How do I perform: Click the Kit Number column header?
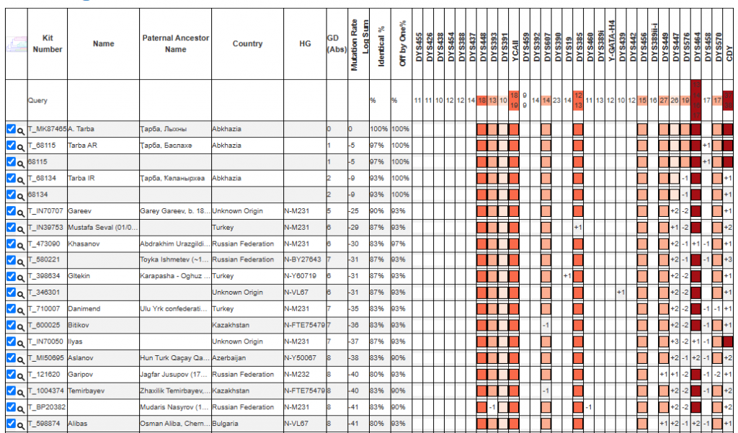click(48, 44)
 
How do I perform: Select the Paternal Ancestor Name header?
click(175, 44)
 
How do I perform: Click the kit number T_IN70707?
click(45, 211)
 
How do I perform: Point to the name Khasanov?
click(83, 244)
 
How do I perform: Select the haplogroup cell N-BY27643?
click(303, 259)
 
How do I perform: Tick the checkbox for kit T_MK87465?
click(10, 129)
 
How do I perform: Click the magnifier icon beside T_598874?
click(21, 424)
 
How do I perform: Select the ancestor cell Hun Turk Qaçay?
click(174, 357)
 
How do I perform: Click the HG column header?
click(305, 44)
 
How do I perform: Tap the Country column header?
click(247, 44)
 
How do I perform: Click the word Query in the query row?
click(37, 101)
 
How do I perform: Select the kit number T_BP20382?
click(47, 407)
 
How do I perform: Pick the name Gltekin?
click(81, 276)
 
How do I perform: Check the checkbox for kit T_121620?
click(10, 374)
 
